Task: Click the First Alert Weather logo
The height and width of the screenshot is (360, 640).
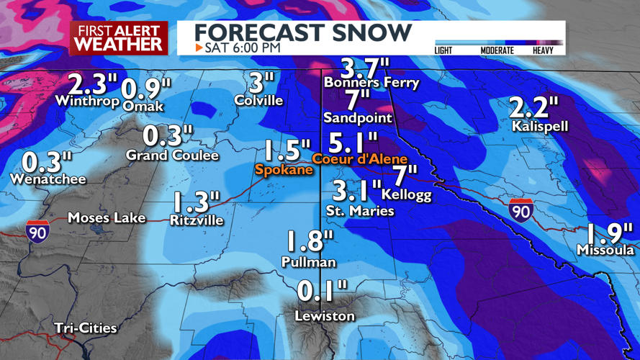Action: tap(119, 37)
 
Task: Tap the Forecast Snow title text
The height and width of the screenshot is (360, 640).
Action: tap(303, 32)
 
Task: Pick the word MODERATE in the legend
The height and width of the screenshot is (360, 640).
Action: tap(497, 50)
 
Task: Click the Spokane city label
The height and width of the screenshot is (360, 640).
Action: tap(284, 170)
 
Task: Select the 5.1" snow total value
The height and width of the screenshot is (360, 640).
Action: tap(353, 140)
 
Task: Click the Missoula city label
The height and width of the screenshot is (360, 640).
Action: tap(605, 250)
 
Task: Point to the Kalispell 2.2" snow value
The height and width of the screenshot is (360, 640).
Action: tap(533, 108)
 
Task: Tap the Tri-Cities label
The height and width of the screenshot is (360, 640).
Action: tap(86, 328)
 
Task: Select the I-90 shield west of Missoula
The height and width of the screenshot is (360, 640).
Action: tap(520, 210)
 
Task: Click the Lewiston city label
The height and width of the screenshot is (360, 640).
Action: tap(324, 316)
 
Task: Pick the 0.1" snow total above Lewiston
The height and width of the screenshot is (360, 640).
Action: tap(322, 292)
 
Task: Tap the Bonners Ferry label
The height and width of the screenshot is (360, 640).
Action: tap(371, 83)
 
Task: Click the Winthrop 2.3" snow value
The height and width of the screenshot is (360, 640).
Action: tap(89, 84)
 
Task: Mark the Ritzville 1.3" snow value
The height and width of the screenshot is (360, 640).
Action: tap(195, 202)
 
